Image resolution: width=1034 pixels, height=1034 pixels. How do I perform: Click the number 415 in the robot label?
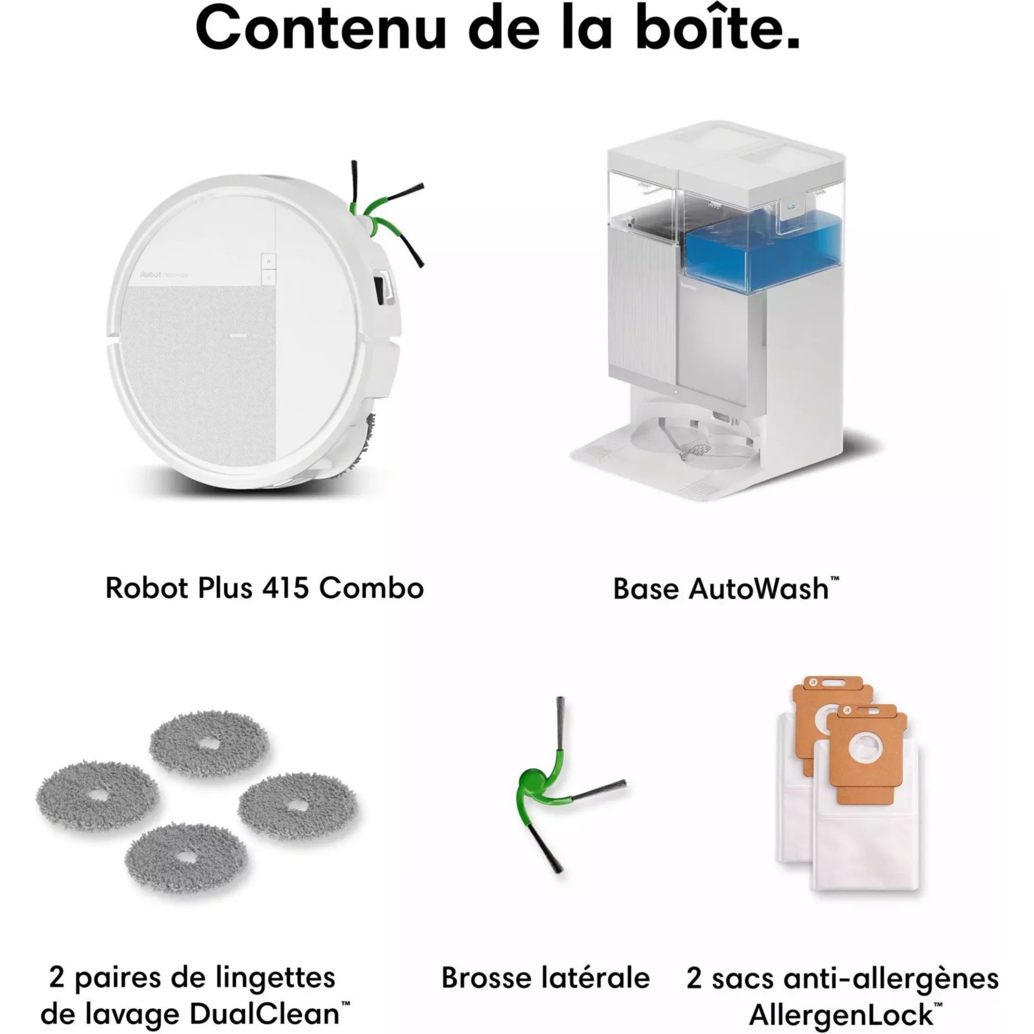(x=285, y=588)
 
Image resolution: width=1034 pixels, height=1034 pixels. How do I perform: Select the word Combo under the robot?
(x=372, y=588)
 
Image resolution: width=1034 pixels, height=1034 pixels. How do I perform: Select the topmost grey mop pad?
(x=209, y=744)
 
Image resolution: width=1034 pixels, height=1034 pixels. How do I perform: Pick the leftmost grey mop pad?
(x=98, y=796)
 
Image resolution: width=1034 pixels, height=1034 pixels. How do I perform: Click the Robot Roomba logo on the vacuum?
(x=164, y=275)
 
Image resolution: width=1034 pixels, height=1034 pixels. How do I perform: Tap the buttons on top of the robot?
(x=268, y=269)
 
